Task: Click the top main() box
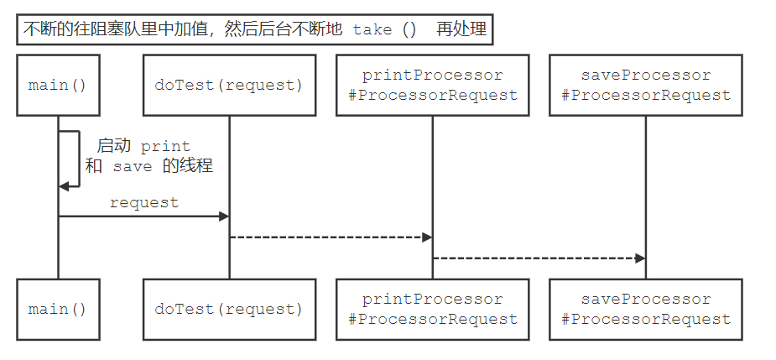58,85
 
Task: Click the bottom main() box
58,309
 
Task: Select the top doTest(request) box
229,85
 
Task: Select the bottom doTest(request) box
229,309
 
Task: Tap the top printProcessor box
433,85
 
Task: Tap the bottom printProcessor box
433,309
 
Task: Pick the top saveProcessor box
646,85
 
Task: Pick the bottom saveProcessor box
646,309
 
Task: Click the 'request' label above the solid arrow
143,202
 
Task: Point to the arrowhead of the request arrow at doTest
224,217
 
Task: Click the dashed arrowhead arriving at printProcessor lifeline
427,237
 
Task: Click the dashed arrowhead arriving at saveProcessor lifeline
640,258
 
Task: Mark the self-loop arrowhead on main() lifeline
64,186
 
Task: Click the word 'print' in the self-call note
165,146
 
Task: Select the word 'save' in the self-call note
133,166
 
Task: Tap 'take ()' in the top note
384,29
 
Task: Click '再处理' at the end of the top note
461,29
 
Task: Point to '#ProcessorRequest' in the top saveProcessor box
646,95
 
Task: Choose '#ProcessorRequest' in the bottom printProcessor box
433,319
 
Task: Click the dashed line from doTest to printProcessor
327,237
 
